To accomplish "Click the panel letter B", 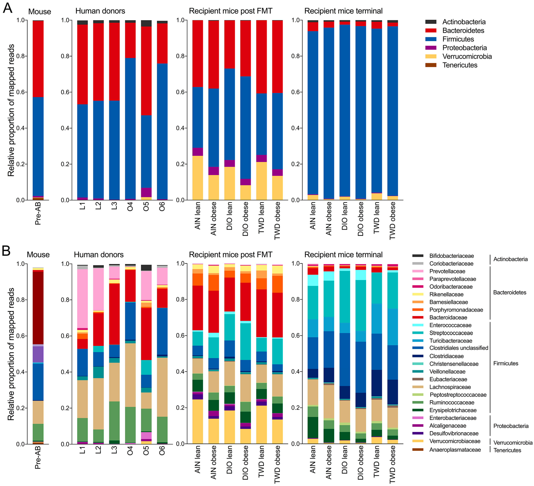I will tap(6, 251).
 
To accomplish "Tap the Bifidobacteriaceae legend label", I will tap(451, 256).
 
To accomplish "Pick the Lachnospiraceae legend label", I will tap(450, 387).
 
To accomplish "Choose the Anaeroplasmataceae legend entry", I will tap(455, 450).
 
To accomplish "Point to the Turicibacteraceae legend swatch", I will tap(418, 341).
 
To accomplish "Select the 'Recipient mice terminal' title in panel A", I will tap(343, 11).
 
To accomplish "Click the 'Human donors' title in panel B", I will tap(99, 255).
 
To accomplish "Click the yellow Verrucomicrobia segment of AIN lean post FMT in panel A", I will tap(198, 177).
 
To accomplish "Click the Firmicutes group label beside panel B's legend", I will tap(505, 363).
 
